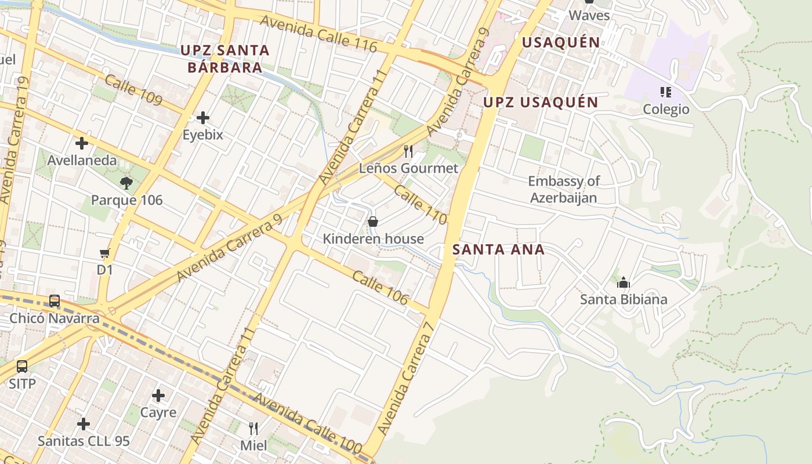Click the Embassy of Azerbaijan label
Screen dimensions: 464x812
coord(563,190)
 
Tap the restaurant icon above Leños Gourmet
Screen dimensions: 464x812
coord(408,151)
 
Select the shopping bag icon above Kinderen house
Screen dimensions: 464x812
coord(373,222)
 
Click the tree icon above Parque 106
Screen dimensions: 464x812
coord(126,184)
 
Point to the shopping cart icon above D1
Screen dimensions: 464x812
coord(105,253)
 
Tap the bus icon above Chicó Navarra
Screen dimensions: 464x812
coord(55,301)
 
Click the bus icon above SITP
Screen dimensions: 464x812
coord(22,367)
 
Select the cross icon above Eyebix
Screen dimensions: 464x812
coord(202,118)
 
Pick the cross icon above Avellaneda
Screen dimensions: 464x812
coord(82,143)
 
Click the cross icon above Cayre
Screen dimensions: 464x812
coord(158,396)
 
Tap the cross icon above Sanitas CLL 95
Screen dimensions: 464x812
coord(84,424)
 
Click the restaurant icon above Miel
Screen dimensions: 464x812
coord(253,429)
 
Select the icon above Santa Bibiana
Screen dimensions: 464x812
coord(623,282)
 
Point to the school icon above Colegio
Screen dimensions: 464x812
coord(665,92)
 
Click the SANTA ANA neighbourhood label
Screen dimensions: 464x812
coord(498,250)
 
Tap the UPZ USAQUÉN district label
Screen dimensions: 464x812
coord(541,103)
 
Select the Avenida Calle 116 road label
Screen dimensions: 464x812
coord(318,33)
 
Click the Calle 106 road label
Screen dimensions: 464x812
coord(380,287)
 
